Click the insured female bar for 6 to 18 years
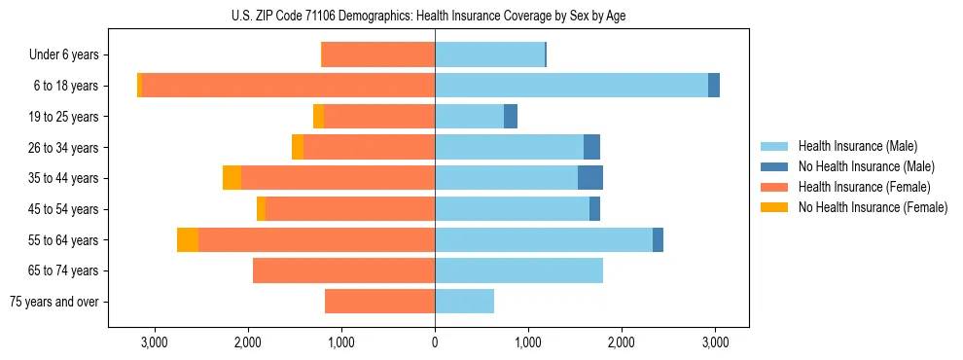[288, 86]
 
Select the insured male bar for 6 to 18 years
[571, 86]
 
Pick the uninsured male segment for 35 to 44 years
[590, 178]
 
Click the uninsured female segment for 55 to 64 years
[188, 240]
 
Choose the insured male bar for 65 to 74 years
[518, 270]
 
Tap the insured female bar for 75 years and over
[379, 302]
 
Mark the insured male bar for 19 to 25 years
[469, 117]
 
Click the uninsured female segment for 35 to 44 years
[232, 178]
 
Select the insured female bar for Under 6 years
[377, 55]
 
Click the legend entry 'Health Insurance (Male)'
[856, 146]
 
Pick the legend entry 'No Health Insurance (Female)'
[873, 207]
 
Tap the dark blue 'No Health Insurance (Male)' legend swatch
[775, 166]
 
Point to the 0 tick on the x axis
[435, 342]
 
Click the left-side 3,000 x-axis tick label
[154, 342]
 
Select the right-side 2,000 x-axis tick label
[622, 342]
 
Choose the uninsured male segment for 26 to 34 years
[591, 147]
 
